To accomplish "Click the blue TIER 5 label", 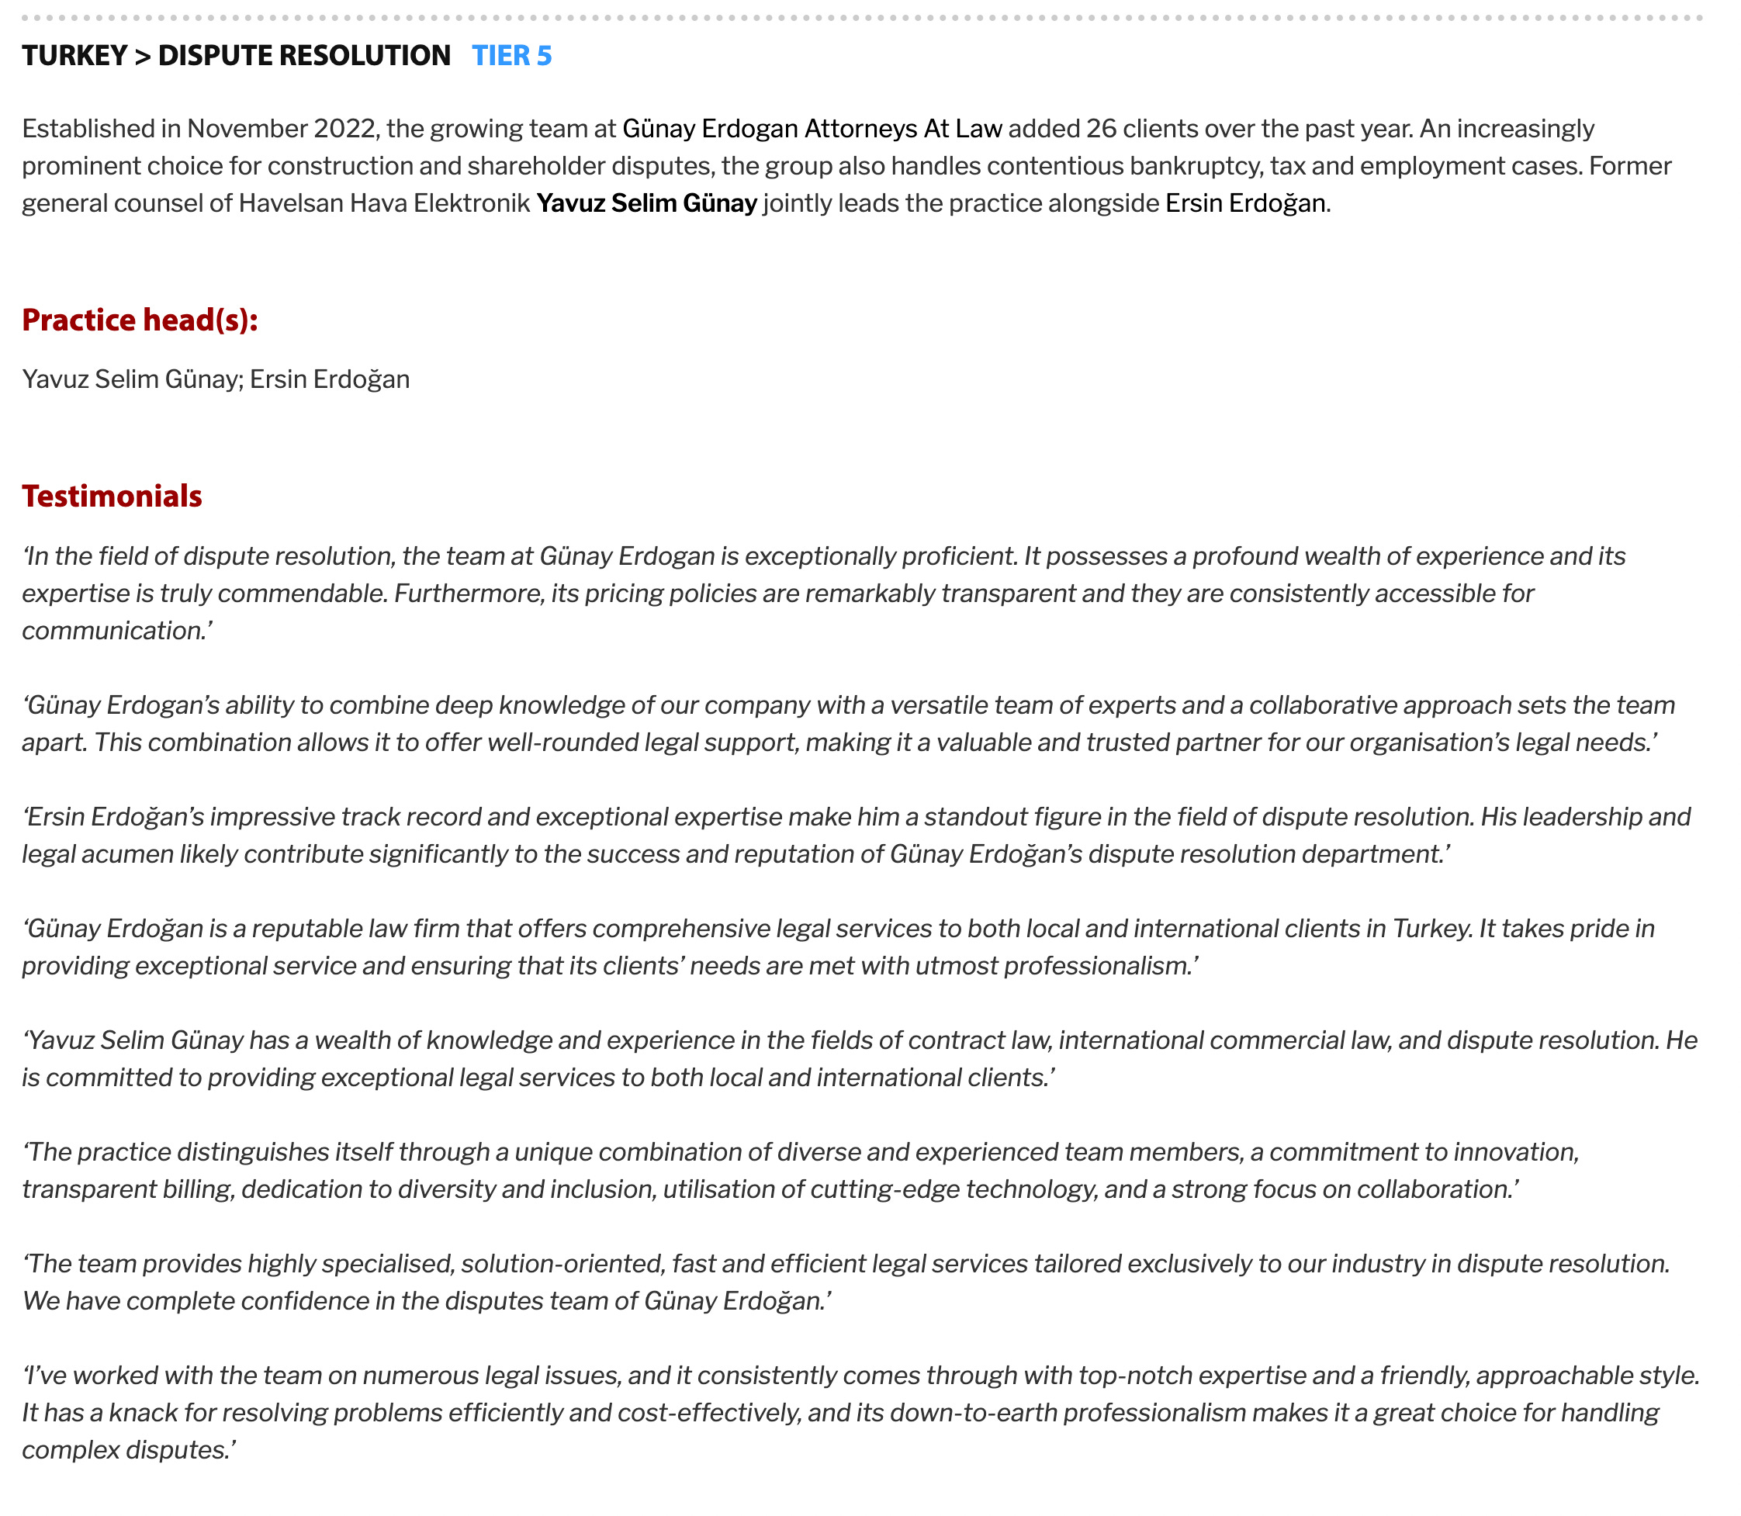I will point(511,56).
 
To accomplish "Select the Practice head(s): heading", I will point(140,320).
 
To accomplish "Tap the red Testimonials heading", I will point(112,496).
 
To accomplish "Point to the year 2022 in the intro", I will point(344,129).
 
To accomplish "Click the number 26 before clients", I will point(1101,129).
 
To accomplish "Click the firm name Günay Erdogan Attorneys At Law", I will point(812,129).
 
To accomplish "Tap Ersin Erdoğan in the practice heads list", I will point(329,379).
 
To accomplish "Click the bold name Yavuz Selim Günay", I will point(646,203).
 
